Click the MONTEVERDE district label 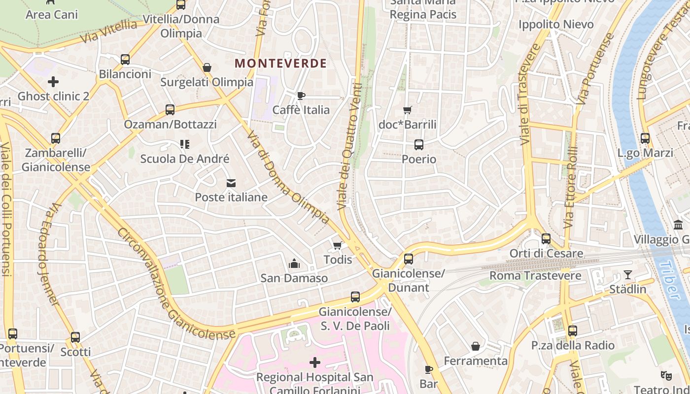pos(280,63)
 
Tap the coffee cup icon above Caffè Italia pos(301,96)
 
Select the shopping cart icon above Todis pos(338,245)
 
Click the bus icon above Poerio pos(418,145)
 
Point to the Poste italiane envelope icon pos(231,183)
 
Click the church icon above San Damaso pos(294,264)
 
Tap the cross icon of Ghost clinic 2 pos(53,82)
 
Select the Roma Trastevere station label pos(535,276)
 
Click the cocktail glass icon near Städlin pos(627,275)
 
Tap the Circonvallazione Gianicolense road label pos(175,286)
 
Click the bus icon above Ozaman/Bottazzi pos(170,110)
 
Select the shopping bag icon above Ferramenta pos(475,346)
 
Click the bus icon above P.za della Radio pos(572,331)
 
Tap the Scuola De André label pos(184,159)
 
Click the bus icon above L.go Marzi pos(645,139)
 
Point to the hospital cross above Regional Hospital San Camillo pos(314,363)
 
